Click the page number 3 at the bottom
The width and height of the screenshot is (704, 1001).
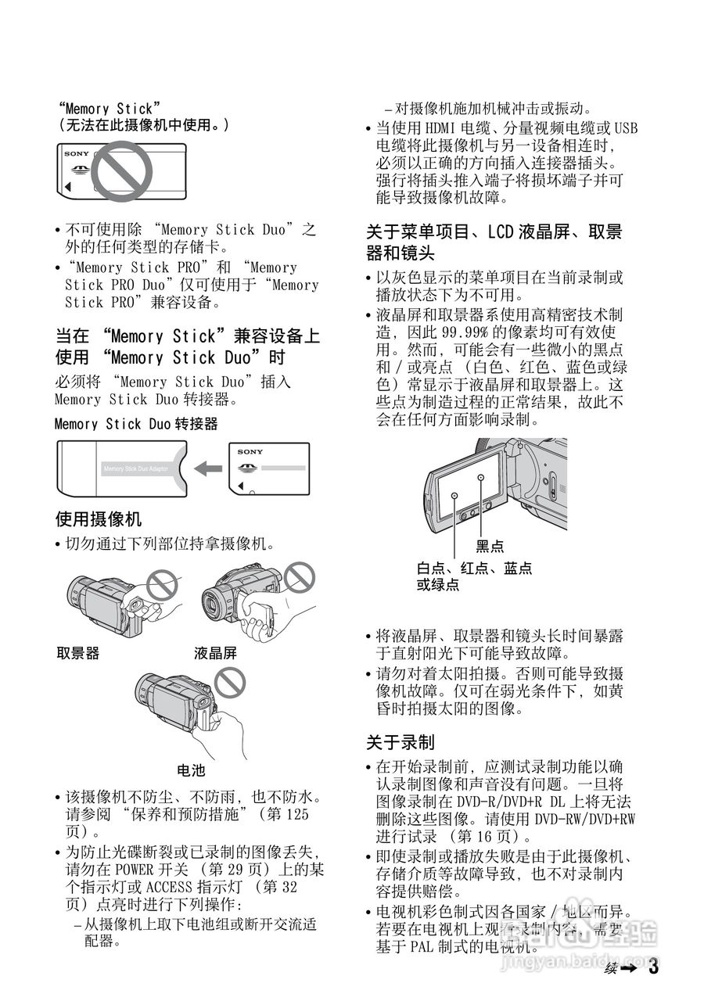653,967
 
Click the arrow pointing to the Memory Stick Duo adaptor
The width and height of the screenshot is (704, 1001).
208,468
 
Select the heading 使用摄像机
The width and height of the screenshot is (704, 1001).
99,518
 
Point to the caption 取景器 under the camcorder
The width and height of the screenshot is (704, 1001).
78,653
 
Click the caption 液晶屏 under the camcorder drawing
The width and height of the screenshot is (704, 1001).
215,653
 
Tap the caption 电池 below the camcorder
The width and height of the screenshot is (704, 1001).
191,771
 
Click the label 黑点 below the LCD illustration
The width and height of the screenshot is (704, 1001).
490,547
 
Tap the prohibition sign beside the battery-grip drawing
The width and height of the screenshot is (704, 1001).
231,683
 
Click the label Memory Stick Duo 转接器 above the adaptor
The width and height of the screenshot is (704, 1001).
136,424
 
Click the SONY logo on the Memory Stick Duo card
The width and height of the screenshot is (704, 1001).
250,452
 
